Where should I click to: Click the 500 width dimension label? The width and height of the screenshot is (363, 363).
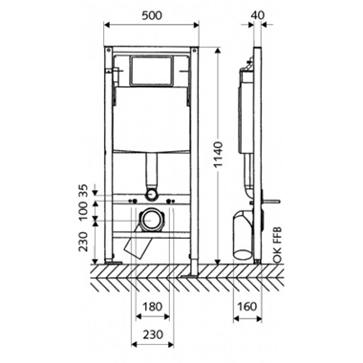pyautogui.click(x=151, y=15)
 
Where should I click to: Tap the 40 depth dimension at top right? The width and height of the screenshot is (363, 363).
pyautogui.click(x=257, y=15)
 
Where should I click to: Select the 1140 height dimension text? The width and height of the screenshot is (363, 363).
pyautogui.click(x=218, y=155)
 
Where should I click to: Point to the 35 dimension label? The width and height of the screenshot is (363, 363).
pyautogui.click(x=83, y=191)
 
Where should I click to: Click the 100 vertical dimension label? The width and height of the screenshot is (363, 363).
pyautogui.click(x=83, y=211)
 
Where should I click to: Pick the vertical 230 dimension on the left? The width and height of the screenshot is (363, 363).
pyautogui.click(x=83, y=242)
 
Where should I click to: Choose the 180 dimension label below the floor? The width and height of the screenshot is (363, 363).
pyautogui.click(x=152, y=307)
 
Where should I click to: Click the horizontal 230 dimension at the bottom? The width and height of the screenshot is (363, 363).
pyautogui.click(x=152, y=334)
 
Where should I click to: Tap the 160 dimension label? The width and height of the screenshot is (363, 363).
pyautogui.click(x=247, y=307)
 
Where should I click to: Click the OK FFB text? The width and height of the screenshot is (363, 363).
pyautogui.click(x=277, y=245)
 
